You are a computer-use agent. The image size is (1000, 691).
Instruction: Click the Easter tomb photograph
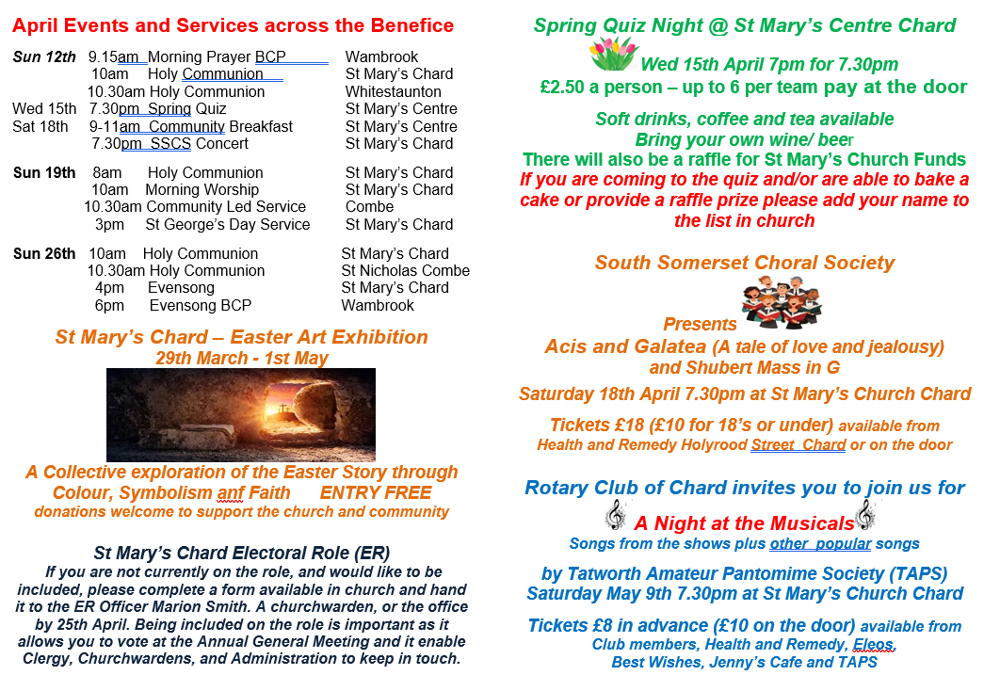click(240, 414)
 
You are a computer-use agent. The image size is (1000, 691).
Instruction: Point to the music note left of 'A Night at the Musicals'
click(615, 515)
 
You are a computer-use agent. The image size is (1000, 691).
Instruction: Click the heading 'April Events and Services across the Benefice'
click(234, 25)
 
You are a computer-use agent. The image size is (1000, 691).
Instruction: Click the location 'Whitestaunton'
click(393, 91)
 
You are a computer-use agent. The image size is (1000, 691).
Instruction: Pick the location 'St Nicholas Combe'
click(405, 270)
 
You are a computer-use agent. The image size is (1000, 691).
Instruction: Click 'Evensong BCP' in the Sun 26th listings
click(200, 305)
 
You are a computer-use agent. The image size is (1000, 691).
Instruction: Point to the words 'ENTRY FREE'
click(376, 492)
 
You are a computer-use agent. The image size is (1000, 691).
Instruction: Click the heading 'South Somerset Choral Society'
click(744, 263)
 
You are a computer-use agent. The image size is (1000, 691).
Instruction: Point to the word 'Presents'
click(700, 324)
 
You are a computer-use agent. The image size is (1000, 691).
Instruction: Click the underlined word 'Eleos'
click(873, 644)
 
